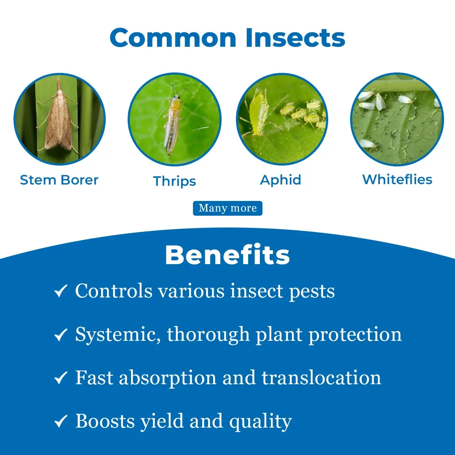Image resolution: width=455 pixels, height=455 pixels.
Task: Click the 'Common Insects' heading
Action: coord(227,37)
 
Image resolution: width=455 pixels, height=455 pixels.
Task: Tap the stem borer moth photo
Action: coord(59,119)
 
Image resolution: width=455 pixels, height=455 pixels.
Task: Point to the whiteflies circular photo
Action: coord(397,119)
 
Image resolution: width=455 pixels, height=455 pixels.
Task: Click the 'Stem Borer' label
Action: coord(59,180)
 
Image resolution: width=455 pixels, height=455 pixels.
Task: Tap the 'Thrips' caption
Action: coord(174,181)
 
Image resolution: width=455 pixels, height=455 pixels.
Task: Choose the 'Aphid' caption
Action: coord(281,180)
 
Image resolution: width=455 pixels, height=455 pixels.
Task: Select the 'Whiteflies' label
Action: coord(397,179)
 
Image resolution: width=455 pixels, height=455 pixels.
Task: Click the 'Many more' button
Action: coord(228,208)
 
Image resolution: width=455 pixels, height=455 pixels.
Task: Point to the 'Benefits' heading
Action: coord(227,255)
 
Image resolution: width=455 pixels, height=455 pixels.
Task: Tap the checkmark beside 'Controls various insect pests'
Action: coord(61,291)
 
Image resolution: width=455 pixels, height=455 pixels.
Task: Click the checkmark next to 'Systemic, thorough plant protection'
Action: coord(61,335)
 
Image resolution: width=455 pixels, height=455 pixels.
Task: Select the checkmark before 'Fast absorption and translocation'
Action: coord(61,378)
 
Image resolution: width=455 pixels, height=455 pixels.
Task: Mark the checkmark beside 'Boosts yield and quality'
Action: coord(61,421)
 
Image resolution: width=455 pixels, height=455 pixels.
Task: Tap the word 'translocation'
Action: coord(321,378)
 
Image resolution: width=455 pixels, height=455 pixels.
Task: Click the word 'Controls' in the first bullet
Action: coord(114,291)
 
